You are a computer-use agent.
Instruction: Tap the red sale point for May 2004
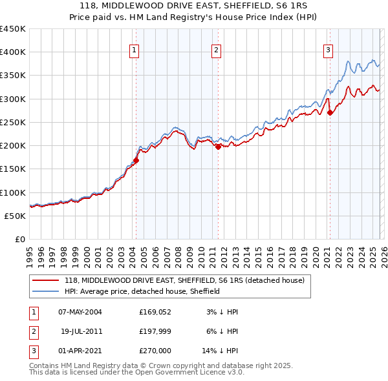tap(136, 161)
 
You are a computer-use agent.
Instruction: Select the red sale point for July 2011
tap(218, 147)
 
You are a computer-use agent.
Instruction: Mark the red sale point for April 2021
tap(330, 113)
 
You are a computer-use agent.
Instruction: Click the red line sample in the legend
tap(45, 281)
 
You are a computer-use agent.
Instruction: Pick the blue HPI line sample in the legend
tap(45, 291)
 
